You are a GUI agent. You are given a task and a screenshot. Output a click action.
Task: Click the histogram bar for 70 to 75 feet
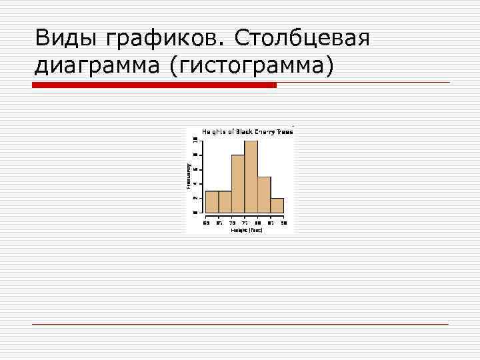[238, 183]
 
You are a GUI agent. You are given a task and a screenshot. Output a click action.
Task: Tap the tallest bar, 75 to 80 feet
[251, 177]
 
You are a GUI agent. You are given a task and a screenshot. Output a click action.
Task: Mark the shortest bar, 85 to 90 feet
[277, 205]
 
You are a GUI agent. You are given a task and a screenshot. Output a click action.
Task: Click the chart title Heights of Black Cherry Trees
[247, 132]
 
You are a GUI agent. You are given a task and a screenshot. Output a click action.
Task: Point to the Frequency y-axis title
[189, 175]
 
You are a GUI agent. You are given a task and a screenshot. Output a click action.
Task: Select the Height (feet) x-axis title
[247, 230]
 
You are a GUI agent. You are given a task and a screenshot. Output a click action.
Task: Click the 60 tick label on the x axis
[206, 223]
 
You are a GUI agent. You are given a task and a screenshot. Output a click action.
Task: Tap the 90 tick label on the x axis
[283, 223]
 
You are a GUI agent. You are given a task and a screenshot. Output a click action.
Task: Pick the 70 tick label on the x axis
[232, 223]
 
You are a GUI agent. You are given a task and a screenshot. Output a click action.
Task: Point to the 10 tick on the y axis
[195, 140]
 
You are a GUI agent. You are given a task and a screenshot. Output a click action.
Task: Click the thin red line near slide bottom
[240, 324]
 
